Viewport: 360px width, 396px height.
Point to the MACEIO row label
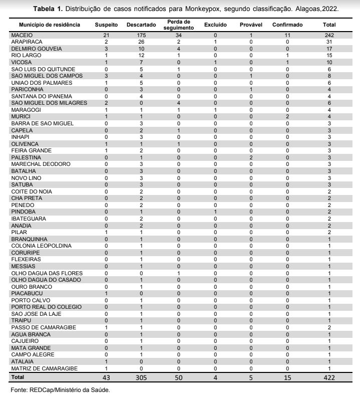click(x=21, y=35)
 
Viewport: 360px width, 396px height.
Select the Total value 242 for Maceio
click(x=329, y=35)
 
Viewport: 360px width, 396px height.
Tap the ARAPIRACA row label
click(x=27, y=42)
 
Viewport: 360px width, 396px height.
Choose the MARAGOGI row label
click(x=26, y=110)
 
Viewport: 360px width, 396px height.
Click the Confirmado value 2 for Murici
click(x=287, y=116)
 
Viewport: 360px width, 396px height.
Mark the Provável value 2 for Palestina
click(x=250, y=157)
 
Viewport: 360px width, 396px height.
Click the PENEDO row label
click(x=23, y=205)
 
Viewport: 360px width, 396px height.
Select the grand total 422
click(x=328, y=376)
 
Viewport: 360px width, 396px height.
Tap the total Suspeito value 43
click(x=106, y=376)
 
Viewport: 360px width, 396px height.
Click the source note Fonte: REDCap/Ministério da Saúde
click(x=60, y=389)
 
